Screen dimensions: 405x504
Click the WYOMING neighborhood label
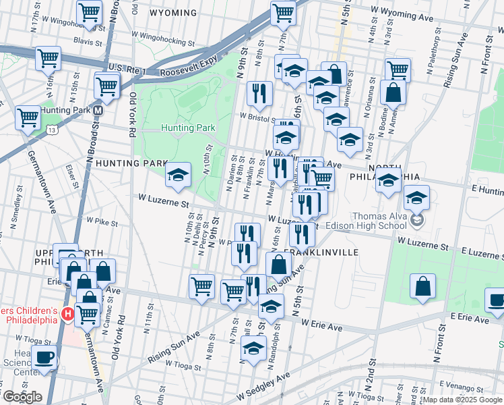173,13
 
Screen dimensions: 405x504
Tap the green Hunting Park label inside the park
188,128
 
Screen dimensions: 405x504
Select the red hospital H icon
67,314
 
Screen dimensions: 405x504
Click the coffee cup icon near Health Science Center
44,358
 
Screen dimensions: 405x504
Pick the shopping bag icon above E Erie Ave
422,286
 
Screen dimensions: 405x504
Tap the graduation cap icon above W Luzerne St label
178,175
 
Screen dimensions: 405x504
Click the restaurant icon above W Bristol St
259,93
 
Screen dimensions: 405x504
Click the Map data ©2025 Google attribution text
462,400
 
